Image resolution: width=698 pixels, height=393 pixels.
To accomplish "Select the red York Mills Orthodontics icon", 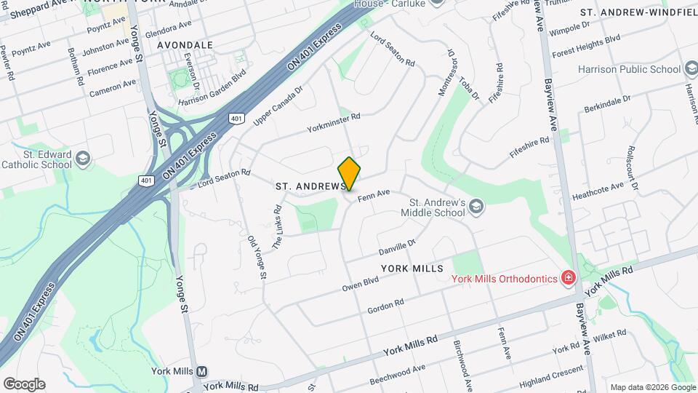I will pos(567,278).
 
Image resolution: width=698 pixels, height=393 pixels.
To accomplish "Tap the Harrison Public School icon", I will pos(691,69).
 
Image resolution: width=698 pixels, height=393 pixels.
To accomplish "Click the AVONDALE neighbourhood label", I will pos(185,45).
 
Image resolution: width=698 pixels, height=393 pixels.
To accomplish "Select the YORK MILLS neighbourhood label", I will pos(412,269).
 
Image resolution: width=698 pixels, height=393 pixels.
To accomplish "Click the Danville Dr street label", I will pos(396,247).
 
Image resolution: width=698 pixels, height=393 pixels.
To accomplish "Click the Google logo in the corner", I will pos(24,384).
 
